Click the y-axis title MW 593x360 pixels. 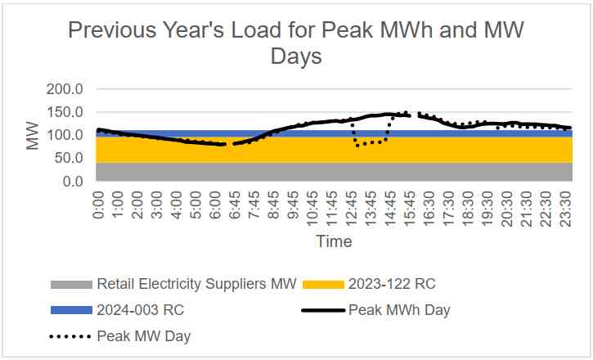tap(33, 135)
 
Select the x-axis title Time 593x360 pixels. tap(334, 241)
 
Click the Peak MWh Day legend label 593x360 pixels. tap(399, 310)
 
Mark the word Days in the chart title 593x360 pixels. tap(297, 57)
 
